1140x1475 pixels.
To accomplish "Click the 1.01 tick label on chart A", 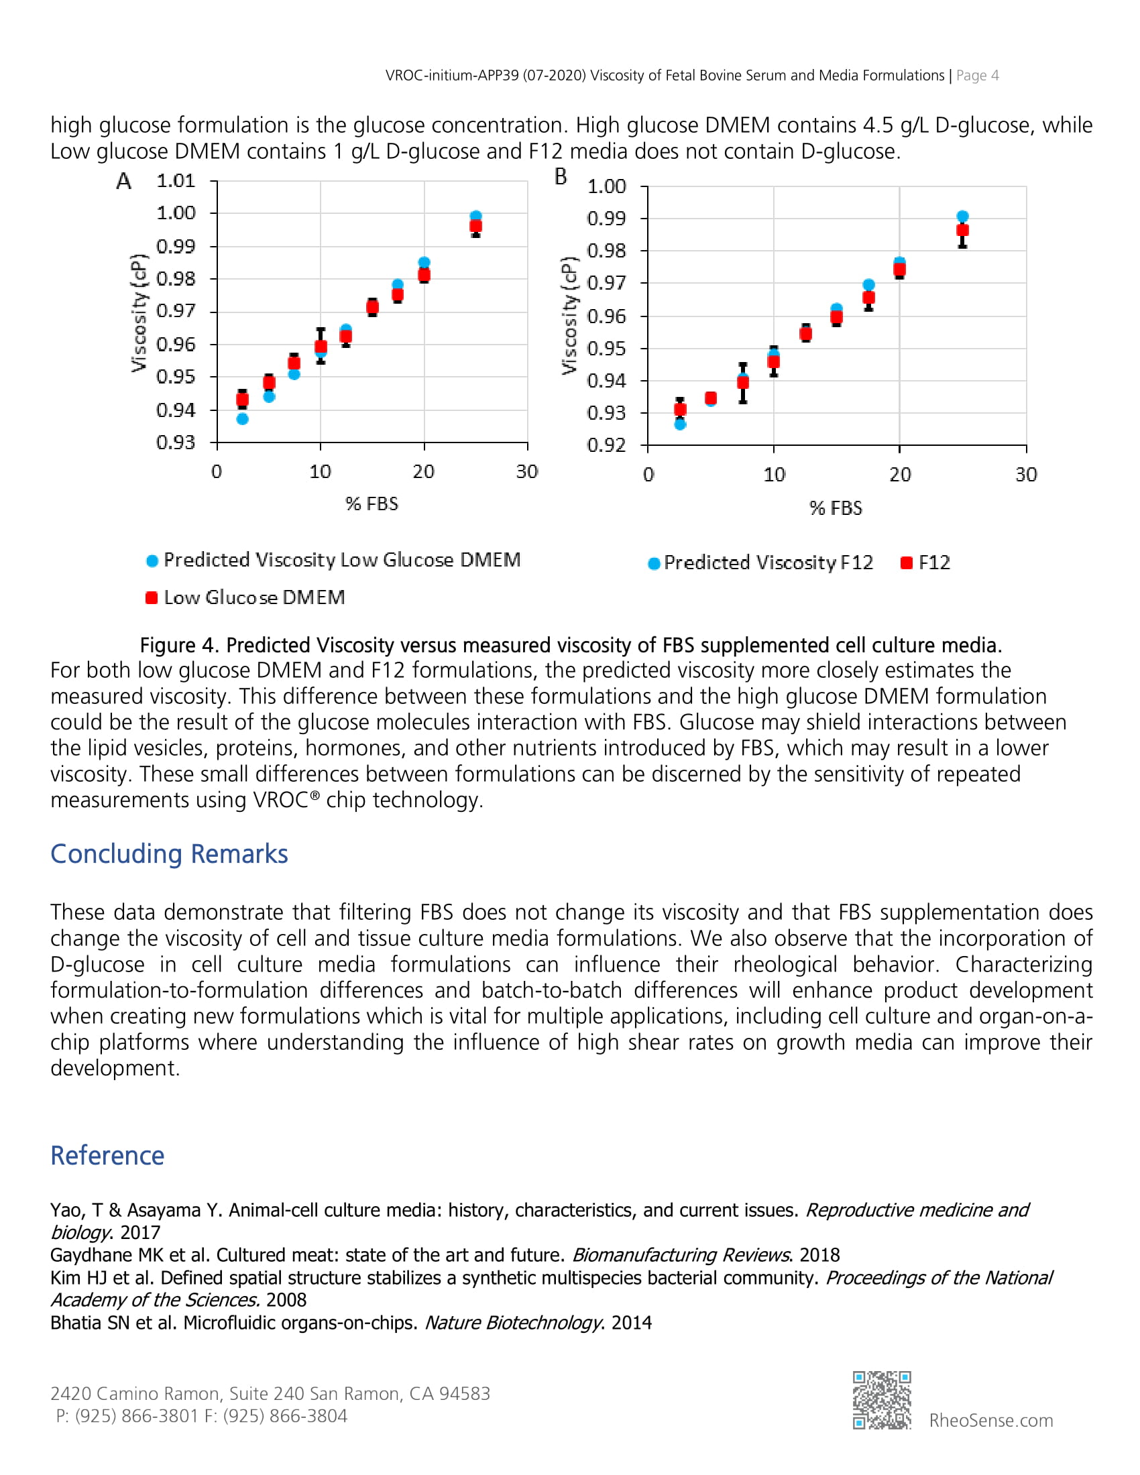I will pyautogui.click(x=176, y=181).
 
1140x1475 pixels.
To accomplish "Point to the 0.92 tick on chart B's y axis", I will pyautogui.click(x=606, y=445).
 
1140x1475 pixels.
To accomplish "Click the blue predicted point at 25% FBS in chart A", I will pyautogui.click(x=475, y=217).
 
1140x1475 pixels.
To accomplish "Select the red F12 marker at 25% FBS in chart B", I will pyautogui.click(x=962, y=230).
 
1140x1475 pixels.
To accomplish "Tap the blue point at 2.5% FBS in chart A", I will pyautogui.click(x=243, y=419).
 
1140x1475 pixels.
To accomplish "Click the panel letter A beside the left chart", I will pyautogui.click(x=123, y=181).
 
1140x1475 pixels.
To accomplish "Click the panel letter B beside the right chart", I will pyautogui.click(x=561, y=177).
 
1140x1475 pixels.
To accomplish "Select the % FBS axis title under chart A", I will pyautogui.click(x=372, y=504).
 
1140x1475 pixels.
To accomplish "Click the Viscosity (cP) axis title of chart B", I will pyautogui.click(x=569, y=315).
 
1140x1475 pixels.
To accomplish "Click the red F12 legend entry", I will pyautogui.click(x=926, y=563).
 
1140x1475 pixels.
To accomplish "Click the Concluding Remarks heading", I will pyautogui.click(x=169, y=853).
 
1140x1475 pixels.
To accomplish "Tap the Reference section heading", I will pyautogui.click(x=107, y=1156).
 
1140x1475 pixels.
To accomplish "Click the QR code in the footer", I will pyautogui.click(x=881, y=1399).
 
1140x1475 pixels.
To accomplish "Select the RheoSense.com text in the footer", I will pyautogui.click(x=990, y=1420).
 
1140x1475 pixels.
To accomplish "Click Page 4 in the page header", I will pyautogui.click(x=977, y=76).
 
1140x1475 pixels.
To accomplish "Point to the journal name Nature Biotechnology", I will pyautogui.click(x=512, y=1322).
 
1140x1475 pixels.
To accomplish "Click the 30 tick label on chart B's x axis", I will pyautogui.click(x=1026, y=475).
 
